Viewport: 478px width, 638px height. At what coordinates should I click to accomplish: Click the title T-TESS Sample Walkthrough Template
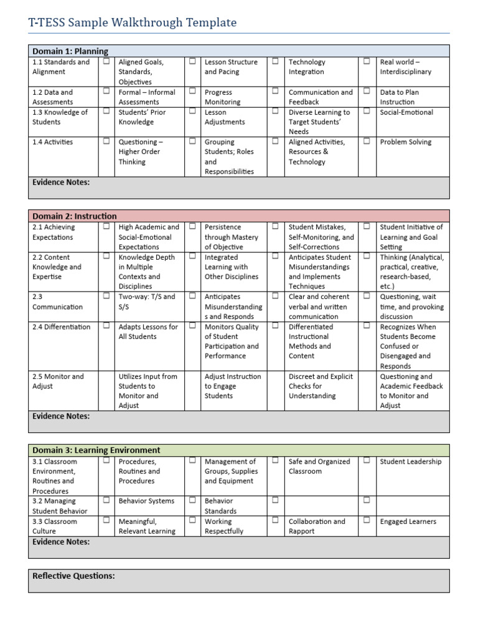coord(133,23)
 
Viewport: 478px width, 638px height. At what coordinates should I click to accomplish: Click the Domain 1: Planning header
coord(70,51)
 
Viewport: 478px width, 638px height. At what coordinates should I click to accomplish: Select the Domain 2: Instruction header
coord(75,216)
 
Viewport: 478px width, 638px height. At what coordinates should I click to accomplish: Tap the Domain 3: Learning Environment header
coord(96,450)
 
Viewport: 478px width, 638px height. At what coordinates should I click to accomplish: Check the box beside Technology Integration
coord(275,62)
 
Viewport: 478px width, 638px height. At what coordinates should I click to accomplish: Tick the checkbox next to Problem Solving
coord(367,141)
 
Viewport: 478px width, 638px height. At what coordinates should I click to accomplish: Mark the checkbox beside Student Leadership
coord(367,461)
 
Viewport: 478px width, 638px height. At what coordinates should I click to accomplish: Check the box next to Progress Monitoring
coord(192,92)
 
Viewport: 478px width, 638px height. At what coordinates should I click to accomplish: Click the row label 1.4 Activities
coord(53,142)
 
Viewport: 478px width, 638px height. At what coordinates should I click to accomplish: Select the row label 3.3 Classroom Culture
coord(55,526)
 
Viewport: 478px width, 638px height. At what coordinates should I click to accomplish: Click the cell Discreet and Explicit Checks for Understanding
coord(321,386)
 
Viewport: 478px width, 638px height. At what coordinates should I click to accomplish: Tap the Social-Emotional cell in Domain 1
coord(406,112)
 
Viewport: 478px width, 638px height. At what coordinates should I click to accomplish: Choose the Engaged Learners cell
coord(408,521)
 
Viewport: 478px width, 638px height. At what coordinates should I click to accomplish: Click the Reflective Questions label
coord(73,576)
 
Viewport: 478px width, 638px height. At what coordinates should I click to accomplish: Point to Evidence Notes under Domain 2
coord(61,416)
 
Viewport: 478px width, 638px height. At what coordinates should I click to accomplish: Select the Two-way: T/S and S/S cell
coord(147,302)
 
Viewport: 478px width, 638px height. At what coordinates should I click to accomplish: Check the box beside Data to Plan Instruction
coord(367,92)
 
